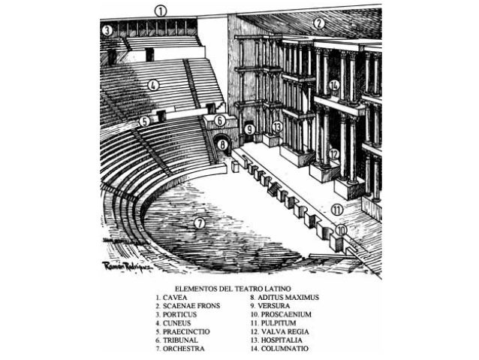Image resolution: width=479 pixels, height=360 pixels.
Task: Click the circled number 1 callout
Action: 161,11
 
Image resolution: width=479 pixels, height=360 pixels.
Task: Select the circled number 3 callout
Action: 107,30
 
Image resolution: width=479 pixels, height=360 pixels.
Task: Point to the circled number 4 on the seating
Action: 153,86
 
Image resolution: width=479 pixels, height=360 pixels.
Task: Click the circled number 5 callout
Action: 144,120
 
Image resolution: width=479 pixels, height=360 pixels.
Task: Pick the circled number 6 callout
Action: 220,120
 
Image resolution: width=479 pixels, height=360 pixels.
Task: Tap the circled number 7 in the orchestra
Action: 199,223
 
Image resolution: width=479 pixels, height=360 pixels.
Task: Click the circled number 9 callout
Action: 249,129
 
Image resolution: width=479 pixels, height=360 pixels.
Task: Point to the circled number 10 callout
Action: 342,231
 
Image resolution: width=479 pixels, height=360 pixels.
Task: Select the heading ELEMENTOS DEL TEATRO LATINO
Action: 233,288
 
